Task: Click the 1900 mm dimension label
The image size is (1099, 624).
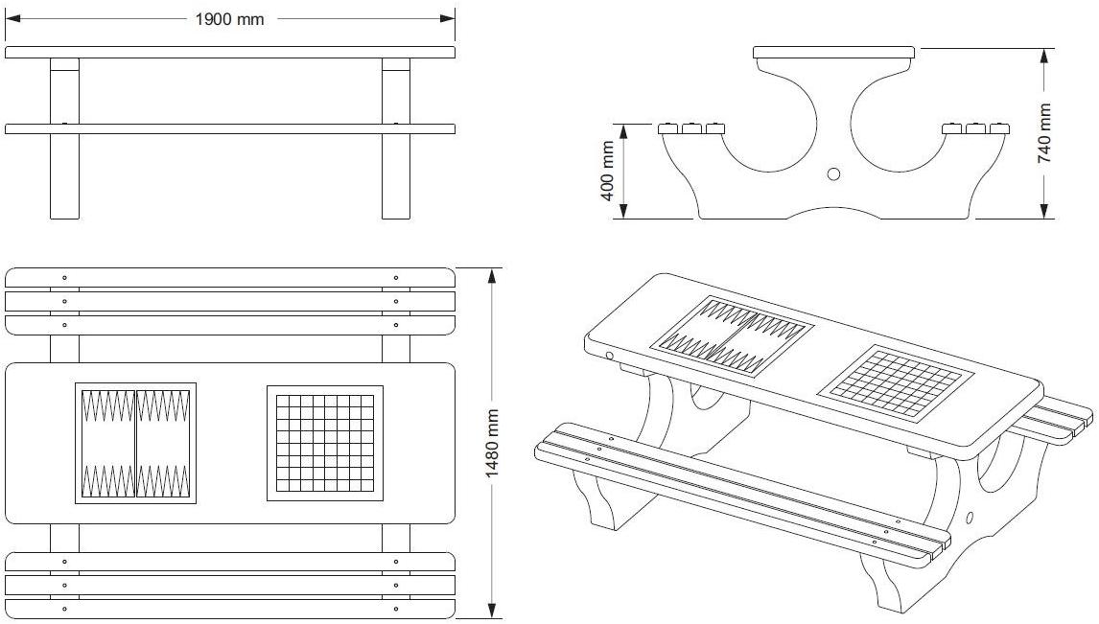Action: pos(229,19)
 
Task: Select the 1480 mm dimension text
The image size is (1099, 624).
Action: pos(493,443)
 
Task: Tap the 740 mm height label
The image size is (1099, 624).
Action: pos(1044,133)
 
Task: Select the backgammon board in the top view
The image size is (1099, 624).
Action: pos(135,443)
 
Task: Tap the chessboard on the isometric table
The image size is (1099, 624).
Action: pos(895,384)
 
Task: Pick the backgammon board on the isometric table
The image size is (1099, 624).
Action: pos(732,334)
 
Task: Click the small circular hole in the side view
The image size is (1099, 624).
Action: pos(832,173)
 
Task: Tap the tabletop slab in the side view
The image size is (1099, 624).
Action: pos(833,52)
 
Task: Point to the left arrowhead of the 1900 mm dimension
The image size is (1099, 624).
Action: pos(12,18)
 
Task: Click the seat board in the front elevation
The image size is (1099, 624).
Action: pos(229,128)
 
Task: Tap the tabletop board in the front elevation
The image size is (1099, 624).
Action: pos(229,52)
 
